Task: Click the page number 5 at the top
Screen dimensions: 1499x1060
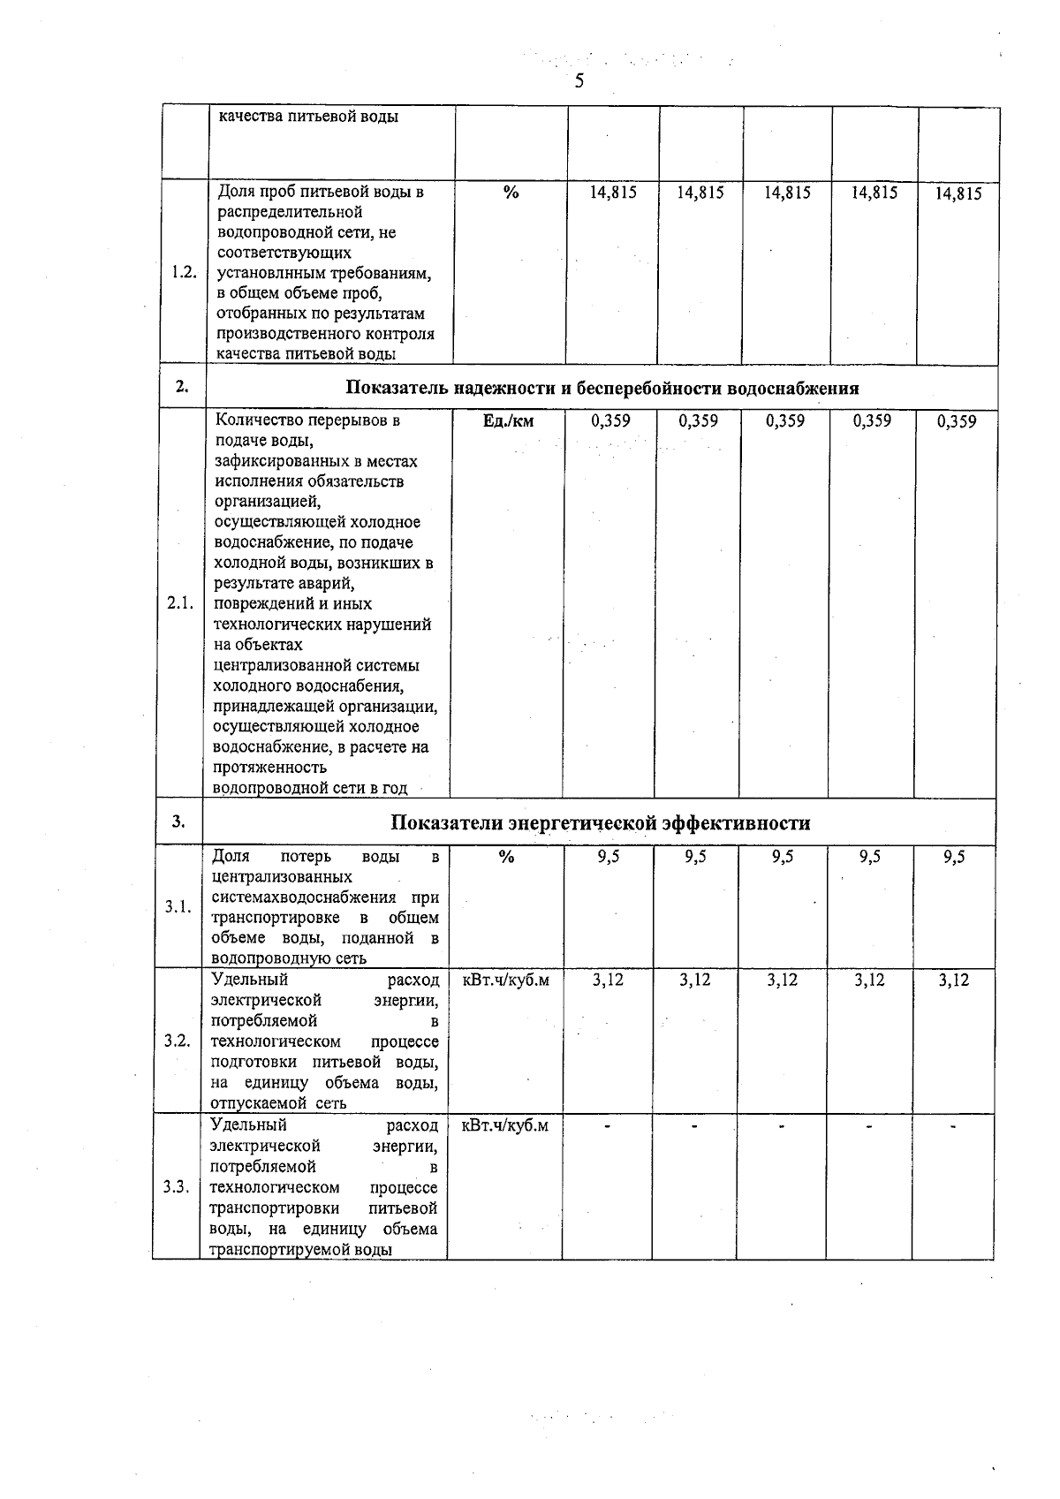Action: point(579,82)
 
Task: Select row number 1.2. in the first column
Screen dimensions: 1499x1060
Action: point(185,273)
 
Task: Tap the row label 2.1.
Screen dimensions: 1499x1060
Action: point(180,603)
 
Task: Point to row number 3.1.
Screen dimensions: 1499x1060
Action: point(178,907)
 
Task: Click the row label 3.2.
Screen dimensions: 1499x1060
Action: point(178,1041)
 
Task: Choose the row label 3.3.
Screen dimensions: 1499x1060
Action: point(177,1187)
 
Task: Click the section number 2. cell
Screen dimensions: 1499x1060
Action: point(182,387)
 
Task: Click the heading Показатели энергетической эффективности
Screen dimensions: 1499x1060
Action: point(601,823)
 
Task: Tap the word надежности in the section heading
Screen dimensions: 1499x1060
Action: point(506,389)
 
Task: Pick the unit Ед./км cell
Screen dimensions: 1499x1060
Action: point(509,421)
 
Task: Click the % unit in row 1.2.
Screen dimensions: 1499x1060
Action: point(511,193)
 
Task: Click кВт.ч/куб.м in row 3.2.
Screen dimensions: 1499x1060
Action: point(505,980)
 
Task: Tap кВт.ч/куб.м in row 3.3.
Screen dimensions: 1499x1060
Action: point(504,1125)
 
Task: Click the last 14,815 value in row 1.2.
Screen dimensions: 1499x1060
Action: point(958,193)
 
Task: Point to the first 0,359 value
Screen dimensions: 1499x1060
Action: point(610,421)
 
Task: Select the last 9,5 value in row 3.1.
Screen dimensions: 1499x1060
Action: point(954,857)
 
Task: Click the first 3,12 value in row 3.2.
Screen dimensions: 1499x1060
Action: point(608,980)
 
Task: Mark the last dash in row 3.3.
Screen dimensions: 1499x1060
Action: point(953,1126)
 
